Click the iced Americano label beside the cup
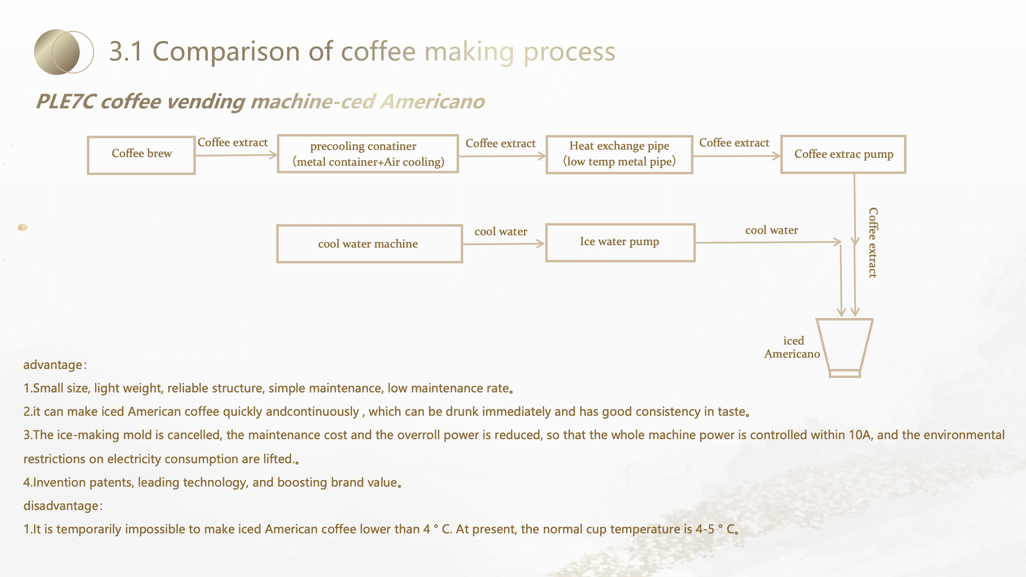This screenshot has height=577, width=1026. [792, 347]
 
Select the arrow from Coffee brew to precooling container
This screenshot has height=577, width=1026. [237, 155]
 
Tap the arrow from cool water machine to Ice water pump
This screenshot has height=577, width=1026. [504, 244]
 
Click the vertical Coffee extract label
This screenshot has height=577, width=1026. [873, 243]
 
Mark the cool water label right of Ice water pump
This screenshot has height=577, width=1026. [771, 230]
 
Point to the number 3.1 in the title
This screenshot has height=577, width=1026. [126, 51]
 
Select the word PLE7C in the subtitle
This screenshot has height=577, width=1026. [65, 101]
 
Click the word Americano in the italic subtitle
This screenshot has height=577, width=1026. [432, 101]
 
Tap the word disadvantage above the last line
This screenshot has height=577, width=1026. [61, 506]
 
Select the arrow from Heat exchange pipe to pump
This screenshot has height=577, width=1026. [737, 156]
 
